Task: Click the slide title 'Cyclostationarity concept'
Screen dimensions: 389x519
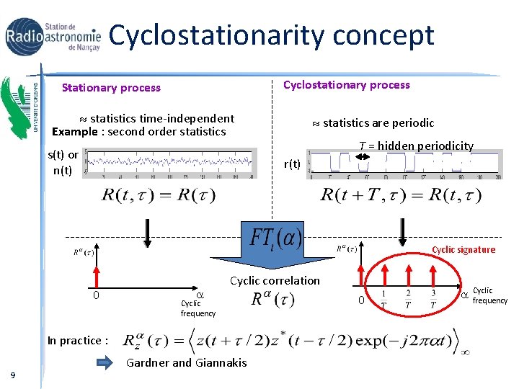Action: click(271, 35)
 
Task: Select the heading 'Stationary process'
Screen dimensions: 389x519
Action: click(111, 88)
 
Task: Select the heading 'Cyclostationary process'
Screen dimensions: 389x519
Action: click(346, 85)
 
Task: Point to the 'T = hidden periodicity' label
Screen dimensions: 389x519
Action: click(416, 146)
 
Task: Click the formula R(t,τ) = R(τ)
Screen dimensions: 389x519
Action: click(159, 194)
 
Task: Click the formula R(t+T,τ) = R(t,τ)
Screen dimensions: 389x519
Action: click(401, 194)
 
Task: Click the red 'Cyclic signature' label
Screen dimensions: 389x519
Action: click(463, 250)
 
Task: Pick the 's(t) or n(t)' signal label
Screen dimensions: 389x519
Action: click(63, 162)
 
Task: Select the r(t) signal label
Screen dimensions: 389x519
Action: click(292, 164)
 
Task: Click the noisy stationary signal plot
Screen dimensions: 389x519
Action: click(170, 162)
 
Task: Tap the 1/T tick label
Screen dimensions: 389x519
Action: click(383, 298)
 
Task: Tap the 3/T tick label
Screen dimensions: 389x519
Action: click(433, 298)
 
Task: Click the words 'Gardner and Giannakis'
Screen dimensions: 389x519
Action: click(186, 362)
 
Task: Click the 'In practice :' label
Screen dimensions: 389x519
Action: click(78, 341)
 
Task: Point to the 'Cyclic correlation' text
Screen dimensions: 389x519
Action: click(274, 280)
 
